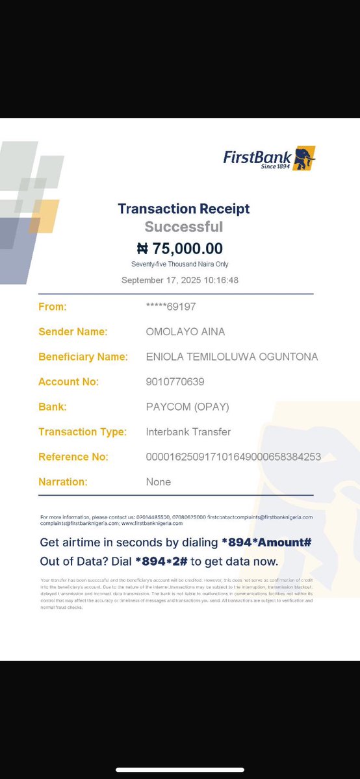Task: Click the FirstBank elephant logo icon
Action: (303, 159)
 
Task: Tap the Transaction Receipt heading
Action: (184, 209)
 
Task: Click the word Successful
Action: (184, 227)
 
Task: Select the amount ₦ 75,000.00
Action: (180, 248)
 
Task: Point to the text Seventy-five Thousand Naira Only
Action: (180, 264)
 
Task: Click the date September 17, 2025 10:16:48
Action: (180, 280)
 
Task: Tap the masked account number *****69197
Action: (171, 306)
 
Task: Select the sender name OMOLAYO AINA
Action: (185, 331)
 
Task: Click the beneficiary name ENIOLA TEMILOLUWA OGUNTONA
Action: (232, 357)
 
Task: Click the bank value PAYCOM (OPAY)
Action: (188, 407)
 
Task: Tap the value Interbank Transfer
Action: (188, 431)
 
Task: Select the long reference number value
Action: (233, 457)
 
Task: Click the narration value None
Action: (159, 481)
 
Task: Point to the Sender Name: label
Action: (73, 331)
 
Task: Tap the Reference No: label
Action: (73, 457)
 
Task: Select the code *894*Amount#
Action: (267, 543)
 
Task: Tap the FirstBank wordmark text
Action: (257, 156)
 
